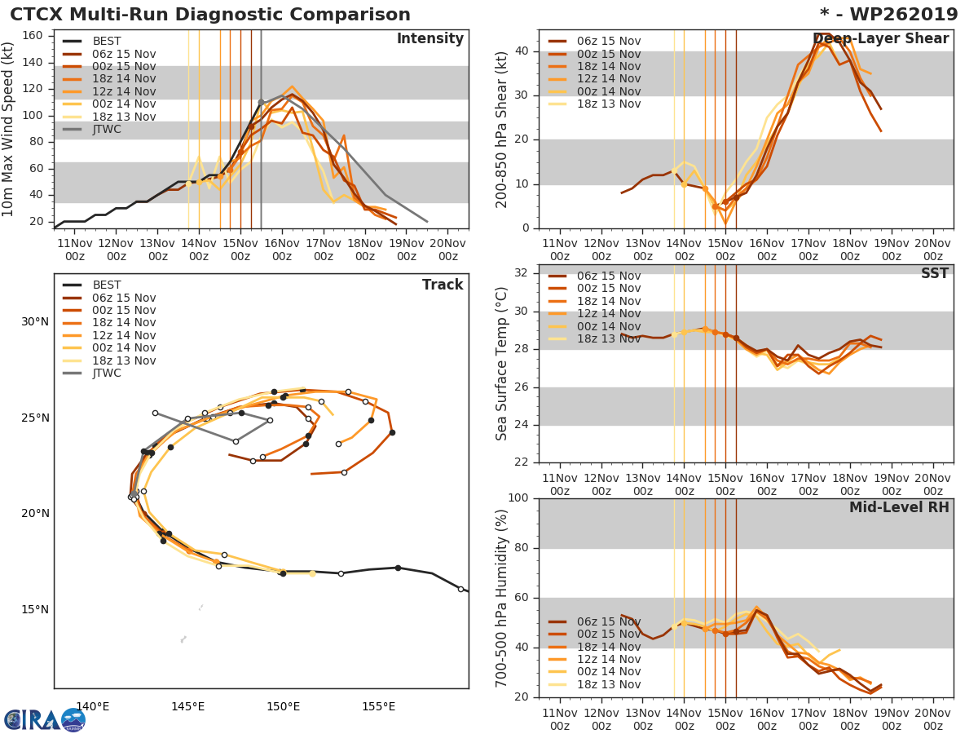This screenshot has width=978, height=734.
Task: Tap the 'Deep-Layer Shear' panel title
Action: pos(880,39)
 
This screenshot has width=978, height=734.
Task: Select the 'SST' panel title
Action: pos(934,274)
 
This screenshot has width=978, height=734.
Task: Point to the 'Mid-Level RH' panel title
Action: pos(898,508)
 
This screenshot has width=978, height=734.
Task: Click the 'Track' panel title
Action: pos(442,285)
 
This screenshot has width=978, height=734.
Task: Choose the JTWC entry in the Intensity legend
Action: pos(107,129)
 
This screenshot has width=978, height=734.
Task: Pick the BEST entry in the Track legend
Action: pos(107,285)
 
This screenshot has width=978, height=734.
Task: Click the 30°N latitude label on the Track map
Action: pos(35,321)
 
